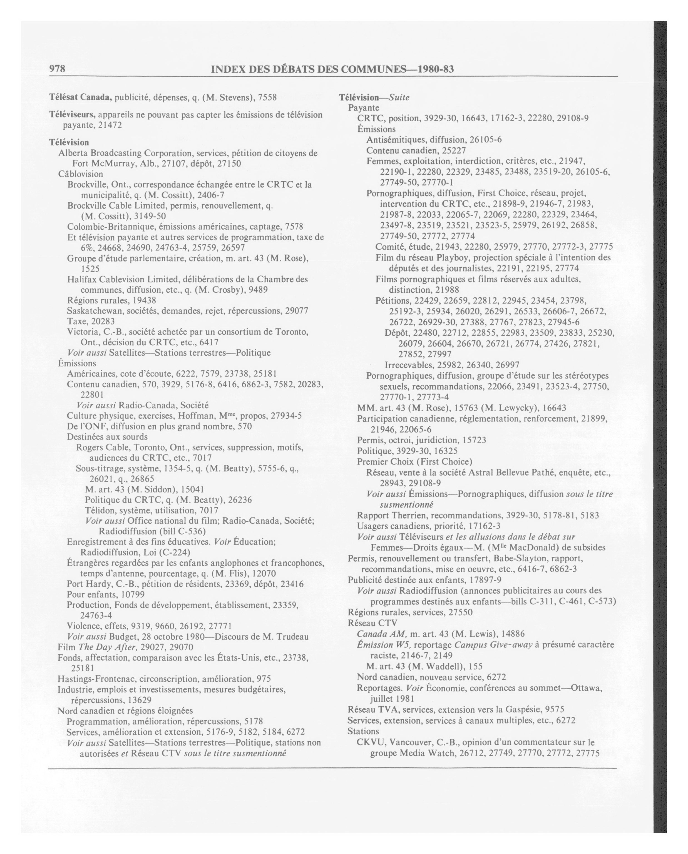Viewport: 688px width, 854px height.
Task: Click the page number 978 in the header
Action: point(57,69)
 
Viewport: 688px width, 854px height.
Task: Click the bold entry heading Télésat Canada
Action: point(80,97)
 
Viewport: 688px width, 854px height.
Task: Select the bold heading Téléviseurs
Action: point(72,115)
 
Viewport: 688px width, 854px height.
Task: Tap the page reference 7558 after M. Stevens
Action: point(267,97)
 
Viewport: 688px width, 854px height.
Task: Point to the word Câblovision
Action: point(81,174)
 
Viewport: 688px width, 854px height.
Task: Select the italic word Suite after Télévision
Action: point(399,97)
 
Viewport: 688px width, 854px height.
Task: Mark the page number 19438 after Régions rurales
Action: point(144,300)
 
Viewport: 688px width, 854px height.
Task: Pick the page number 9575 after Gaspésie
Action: point(555,709)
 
